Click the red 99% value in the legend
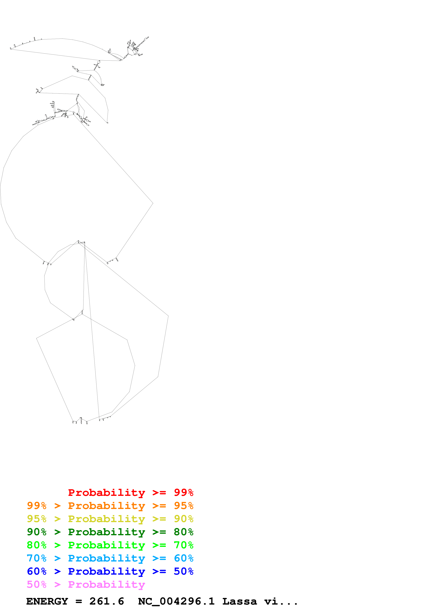tap(183, 492)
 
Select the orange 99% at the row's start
tap(37, 506)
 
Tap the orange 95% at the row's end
tap(183, 506)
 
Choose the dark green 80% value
tap(183, 532)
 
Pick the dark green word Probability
tap(106, 532)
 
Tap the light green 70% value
tap(183, 545)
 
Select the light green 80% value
tap(37, 545)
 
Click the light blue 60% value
tap(183, 558)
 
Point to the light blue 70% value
tap(37, 558)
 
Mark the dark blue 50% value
tap(183, 571)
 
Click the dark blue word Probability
tap(106, 571)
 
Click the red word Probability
tap(106, 492)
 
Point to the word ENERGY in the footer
tap(47, 601)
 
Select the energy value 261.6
tap(107, 601)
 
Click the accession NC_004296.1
tap(176, 601)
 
